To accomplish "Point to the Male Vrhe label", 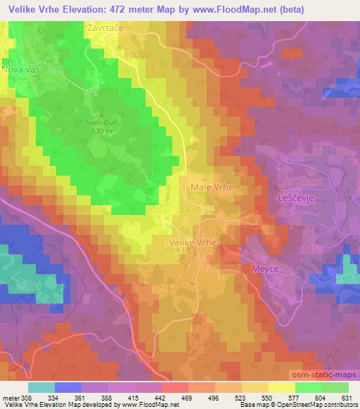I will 212,188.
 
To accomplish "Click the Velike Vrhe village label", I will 193,241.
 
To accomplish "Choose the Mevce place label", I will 266,269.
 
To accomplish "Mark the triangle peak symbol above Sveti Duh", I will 103,114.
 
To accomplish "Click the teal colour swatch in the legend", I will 41,387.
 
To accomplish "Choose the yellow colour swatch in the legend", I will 281,387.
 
